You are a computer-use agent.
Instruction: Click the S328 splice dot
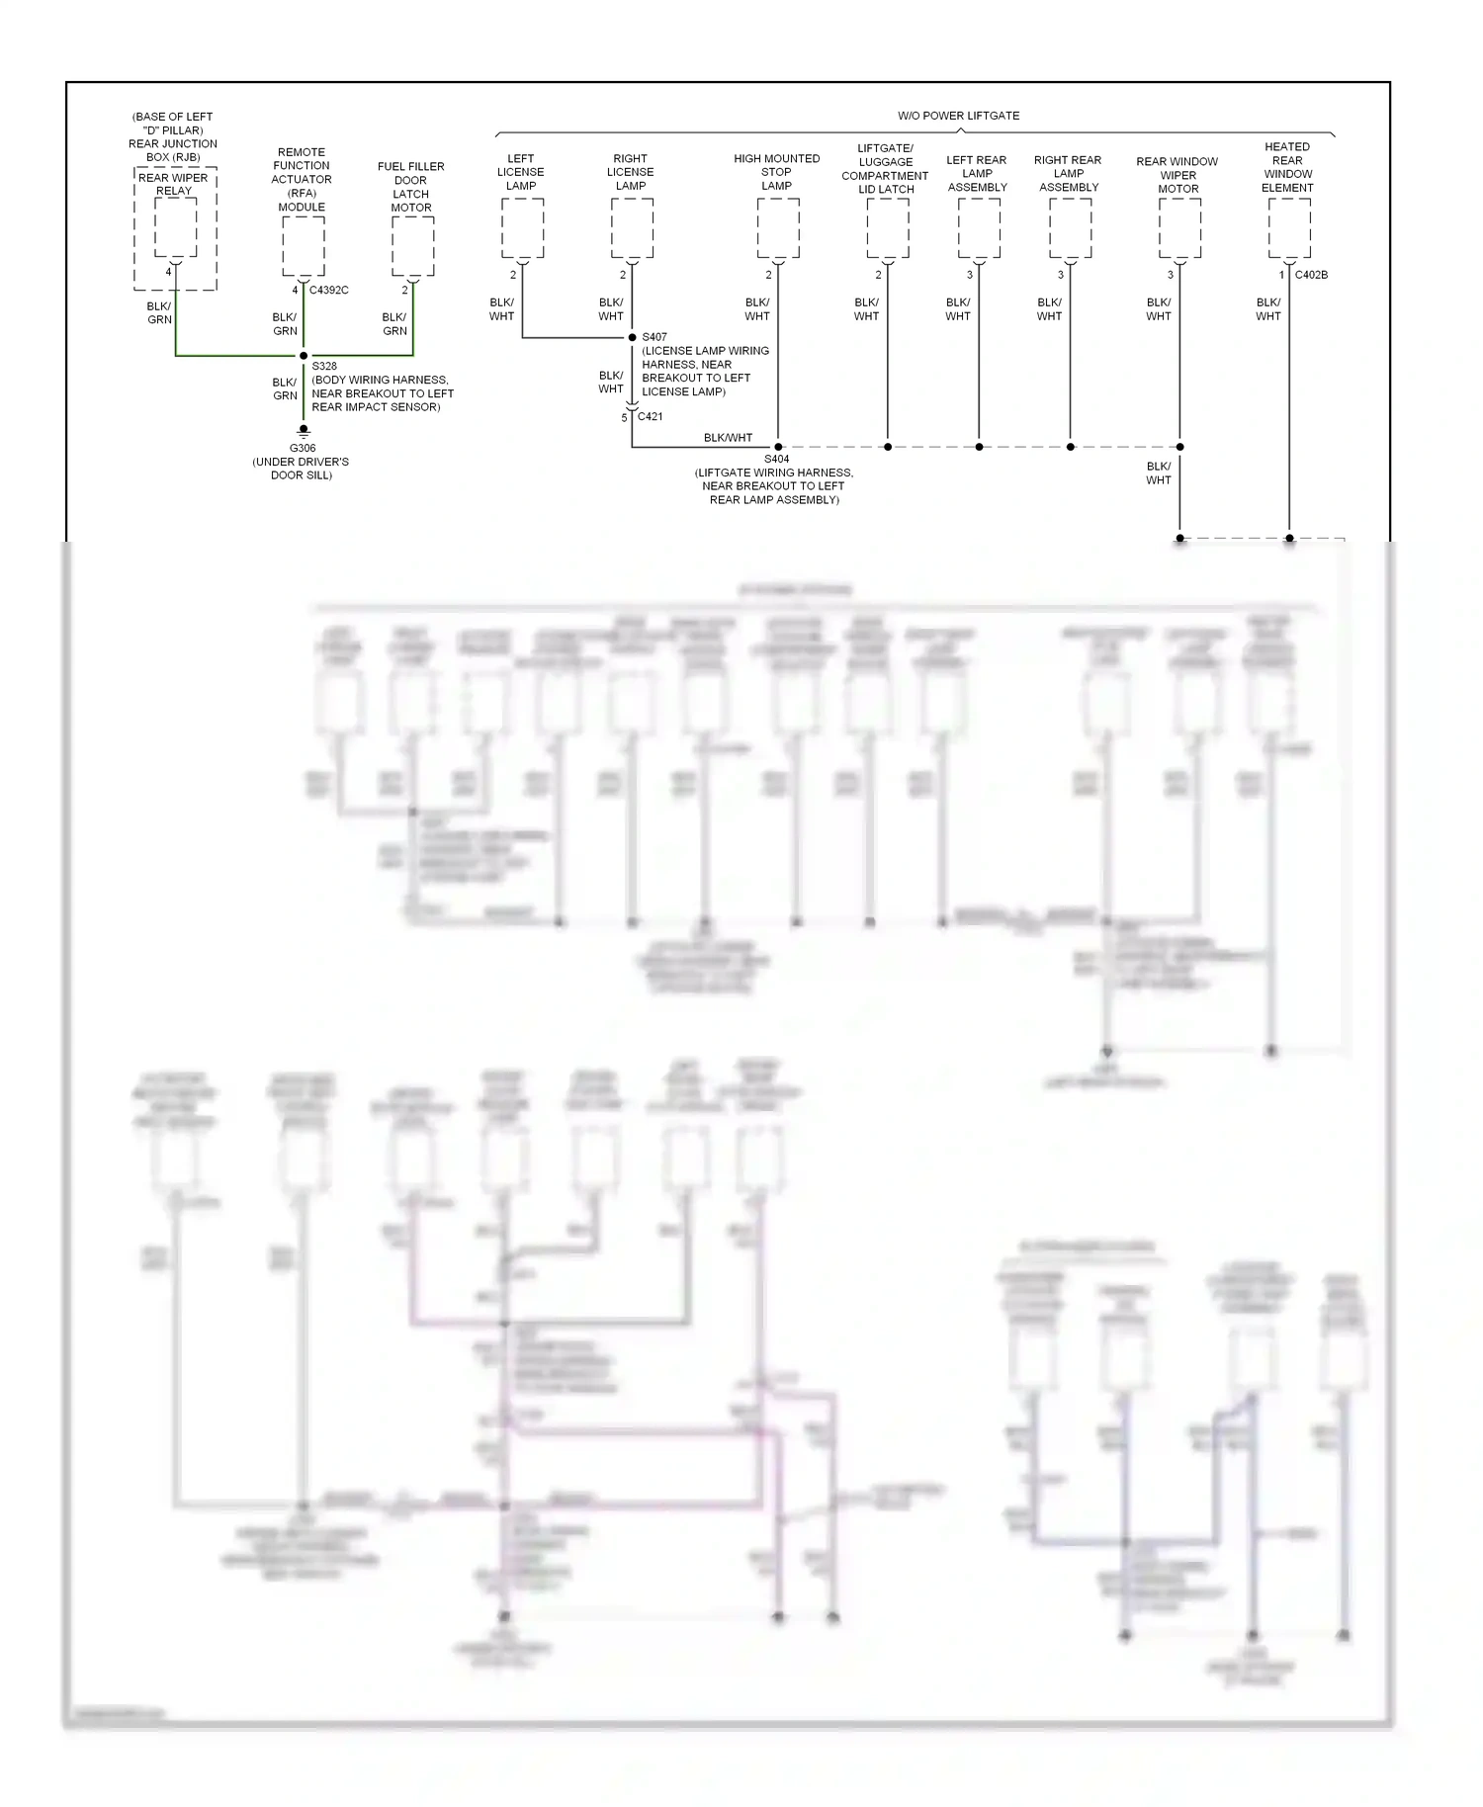pyautogui.click(x=304, y=356)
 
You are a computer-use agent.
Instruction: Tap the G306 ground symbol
pyautogui.click(x=304, y=431)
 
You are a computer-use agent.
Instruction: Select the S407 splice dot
pyautogui.click(x=632, y=338)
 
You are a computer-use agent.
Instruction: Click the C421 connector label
pyautogui.click(x=650, y=417)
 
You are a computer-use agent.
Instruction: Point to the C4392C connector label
pyautogui.click(x=328, y=291)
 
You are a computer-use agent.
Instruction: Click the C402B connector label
pyautogui.click(x=1311, y=275)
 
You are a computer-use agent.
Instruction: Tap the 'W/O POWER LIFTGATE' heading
pyautogui.click(x=958, y=116)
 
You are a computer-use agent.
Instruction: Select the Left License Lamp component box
pyautogui.click(x=522, y=227)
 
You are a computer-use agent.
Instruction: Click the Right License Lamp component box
pyautogui.click(x=632, y=227)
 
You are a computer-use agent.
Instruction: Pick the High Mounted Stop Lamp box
pyautogui.click(x=778, y=227)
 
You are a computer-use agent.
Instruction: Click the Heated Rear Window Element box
pyautogui.click(x=1289, y=227)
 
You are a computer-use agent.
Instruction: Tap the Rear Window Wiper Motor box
pyautogui.click(x=1179, y=227)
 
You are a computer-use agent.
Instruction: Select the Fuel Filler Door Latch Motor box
pyautogui.click(x=412, y=245)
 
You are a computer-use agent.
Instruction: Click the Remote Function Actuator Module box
pyautogui.click(x=304, y=245)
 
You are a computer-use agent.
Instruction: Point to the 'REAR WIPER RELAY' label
pyautogui.click(x=173, y=185)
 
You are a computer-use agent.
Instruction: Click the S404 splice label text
pyautogui.click(x=776, y=459)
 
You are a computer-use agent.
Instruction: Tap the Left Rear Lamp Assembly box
pyautogui.click(x=979, y=227)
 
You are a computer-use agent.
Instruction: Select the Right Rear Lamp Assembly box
pyautogui.click(x=1070, y=227)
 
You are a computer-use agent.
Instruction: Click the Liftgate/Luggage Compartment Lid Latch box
pyautogui.click(x=888, y=227)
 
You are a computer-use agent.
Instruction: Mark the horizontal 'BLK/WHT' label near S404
pyautogui.click(x=728, y=438)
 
